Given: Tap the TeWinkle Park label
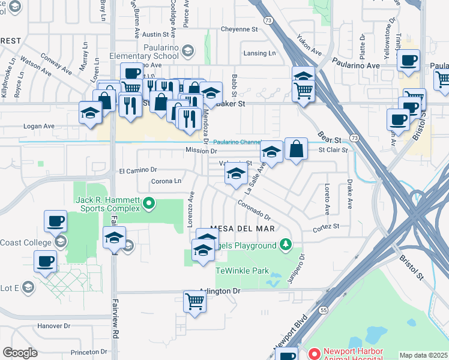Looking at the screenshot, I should (x=243, y=271).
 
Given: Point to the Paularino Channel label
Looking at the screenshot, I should (x=238, y=142).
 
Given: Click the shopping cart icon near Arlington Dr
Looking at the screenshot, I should (x=195, y=301).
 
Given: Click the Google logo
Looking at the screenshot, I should (x=20, y=353).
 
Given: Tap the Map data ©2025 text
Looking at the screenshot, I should (x=423, y=355).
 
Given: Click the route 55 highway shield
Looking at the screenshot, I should (x=324, y=310).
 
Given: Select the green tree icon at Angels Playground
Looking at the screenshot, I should (x=286, y=245).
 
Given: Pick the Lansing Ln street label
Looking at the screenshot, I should (x=259, y=53).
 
